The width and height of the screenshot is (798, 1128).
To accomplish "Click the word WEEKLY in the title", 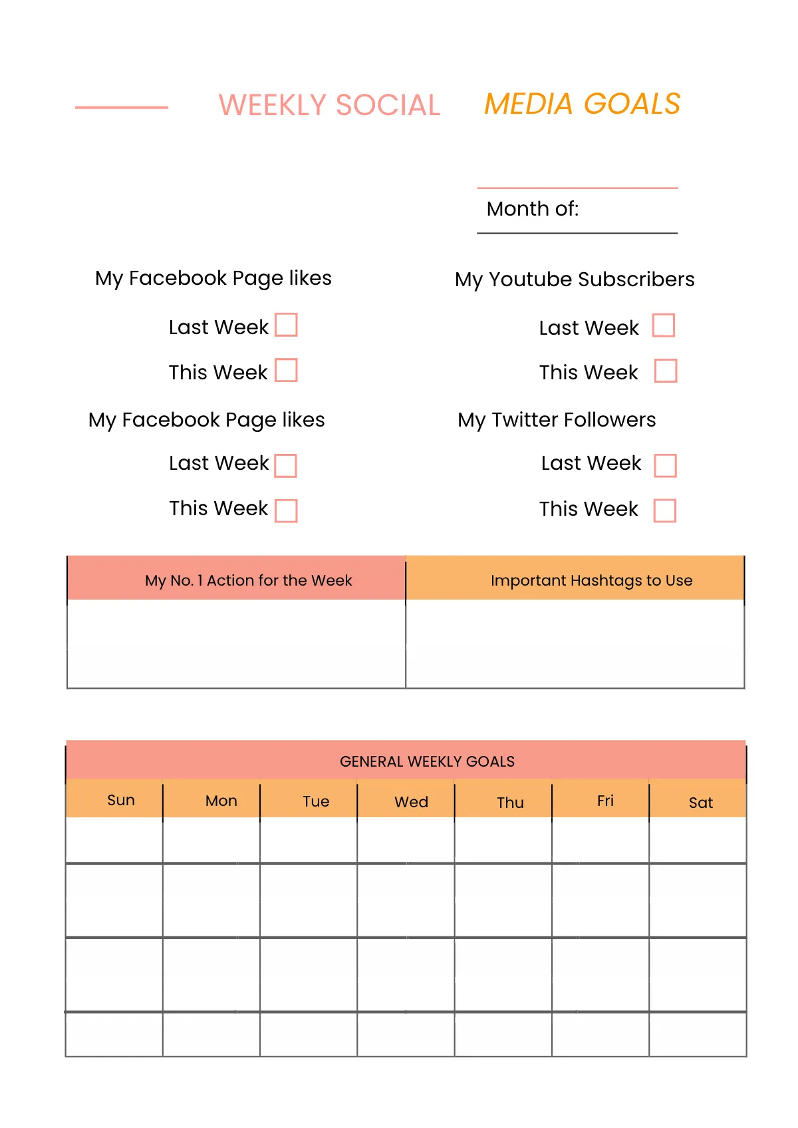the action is click(x=272, y=105).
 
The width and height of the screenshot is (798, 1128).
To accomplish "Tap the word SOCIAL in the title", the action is click(x=388, y=105).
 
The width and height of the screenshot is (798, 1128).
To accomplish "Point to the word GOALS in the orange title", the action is click(x=632, y=104).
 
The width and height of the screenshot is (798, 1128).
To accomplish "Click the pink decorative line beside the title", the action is click(x=122, y=107).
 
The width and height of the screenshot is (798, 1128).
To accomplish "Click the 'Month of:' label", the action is click(x=533, y=209).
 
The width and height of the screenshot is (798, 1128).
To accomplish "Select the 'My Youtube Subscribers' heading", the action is click(x=575, y=280).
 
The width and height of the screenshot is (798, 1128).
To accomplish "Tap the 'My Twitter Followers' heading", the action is click(x=557, y=420).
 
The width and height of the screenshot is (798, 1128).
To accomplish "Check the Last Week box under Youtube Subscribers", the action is click(x=664, y=326).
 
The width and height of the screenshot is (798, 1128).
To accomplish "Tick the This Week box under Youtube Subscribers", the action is click(x=666, y=371).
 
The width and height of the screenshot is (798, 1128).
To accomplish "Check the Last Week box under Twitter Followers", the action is click(x=666, y=465).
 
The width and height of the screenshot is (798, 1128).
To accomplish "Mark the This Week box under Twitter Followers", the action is click(x=665, y=510).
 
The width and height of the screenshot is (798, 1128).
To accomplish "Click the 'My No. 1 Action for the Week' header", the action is click(x=248, y=580).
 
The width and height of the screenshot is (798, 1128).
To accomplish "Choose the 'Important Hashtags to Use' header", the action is click(x=591, y=580).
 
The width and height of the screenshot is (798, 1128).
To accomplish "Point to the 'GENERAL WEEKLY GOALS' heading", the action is click(x=427, y=761).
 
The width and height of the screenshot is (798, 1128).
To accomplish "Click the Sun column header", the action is click(x=121, y=800).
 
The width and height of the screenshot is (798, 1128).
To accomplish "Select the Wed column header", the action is click(x=411, y=802).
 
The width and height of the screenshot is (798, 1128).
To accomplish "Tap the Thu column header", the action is click(x=510, y=803).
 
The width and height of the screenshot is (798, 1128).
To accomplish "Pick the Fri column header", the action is click(x=605, y=801).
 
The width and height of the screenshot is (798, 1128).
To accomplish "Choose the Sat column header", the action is click(x=701, y=803).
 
